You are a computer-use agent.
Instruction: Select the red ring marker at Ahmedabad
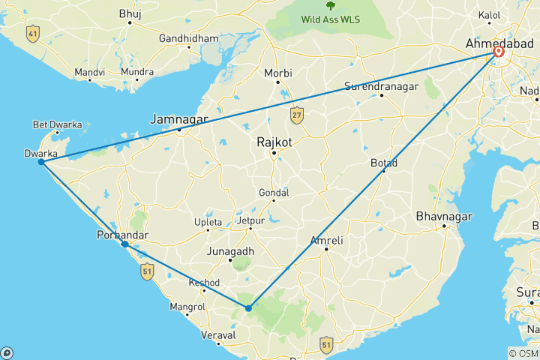pyautogui.click(x=499, y=52)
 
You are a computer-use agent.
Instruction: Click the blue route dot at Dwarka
pyautogui.click(x=41, y=162)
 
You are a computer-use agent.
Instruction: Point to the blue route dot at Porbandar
pyautogui.click(x=125, y=244)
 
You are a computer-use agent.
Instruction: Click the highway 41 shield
pyautogui.click(x=31, y=33)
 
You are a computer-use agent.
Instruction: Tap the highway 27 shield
pyautogui.click(x=297, y=115)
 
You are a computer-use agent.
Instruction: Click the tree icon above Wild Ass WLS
pyautogui.click(x=330, y=5)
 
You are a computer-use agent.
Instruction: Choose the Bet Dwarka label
pyautogui.click(x=57, y=124)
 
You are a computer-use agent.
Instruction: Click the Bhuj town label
pyautogui.click(x=129, y=13)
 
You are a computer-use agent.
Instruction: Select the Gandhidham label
pyautogui.click(x=190, y=38)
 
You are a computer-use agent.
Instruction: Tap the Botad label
pyautogui.click(x=384, y=163)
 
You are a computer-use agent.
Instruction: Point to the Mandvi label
pyautogui.click(x=88, y=73)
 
